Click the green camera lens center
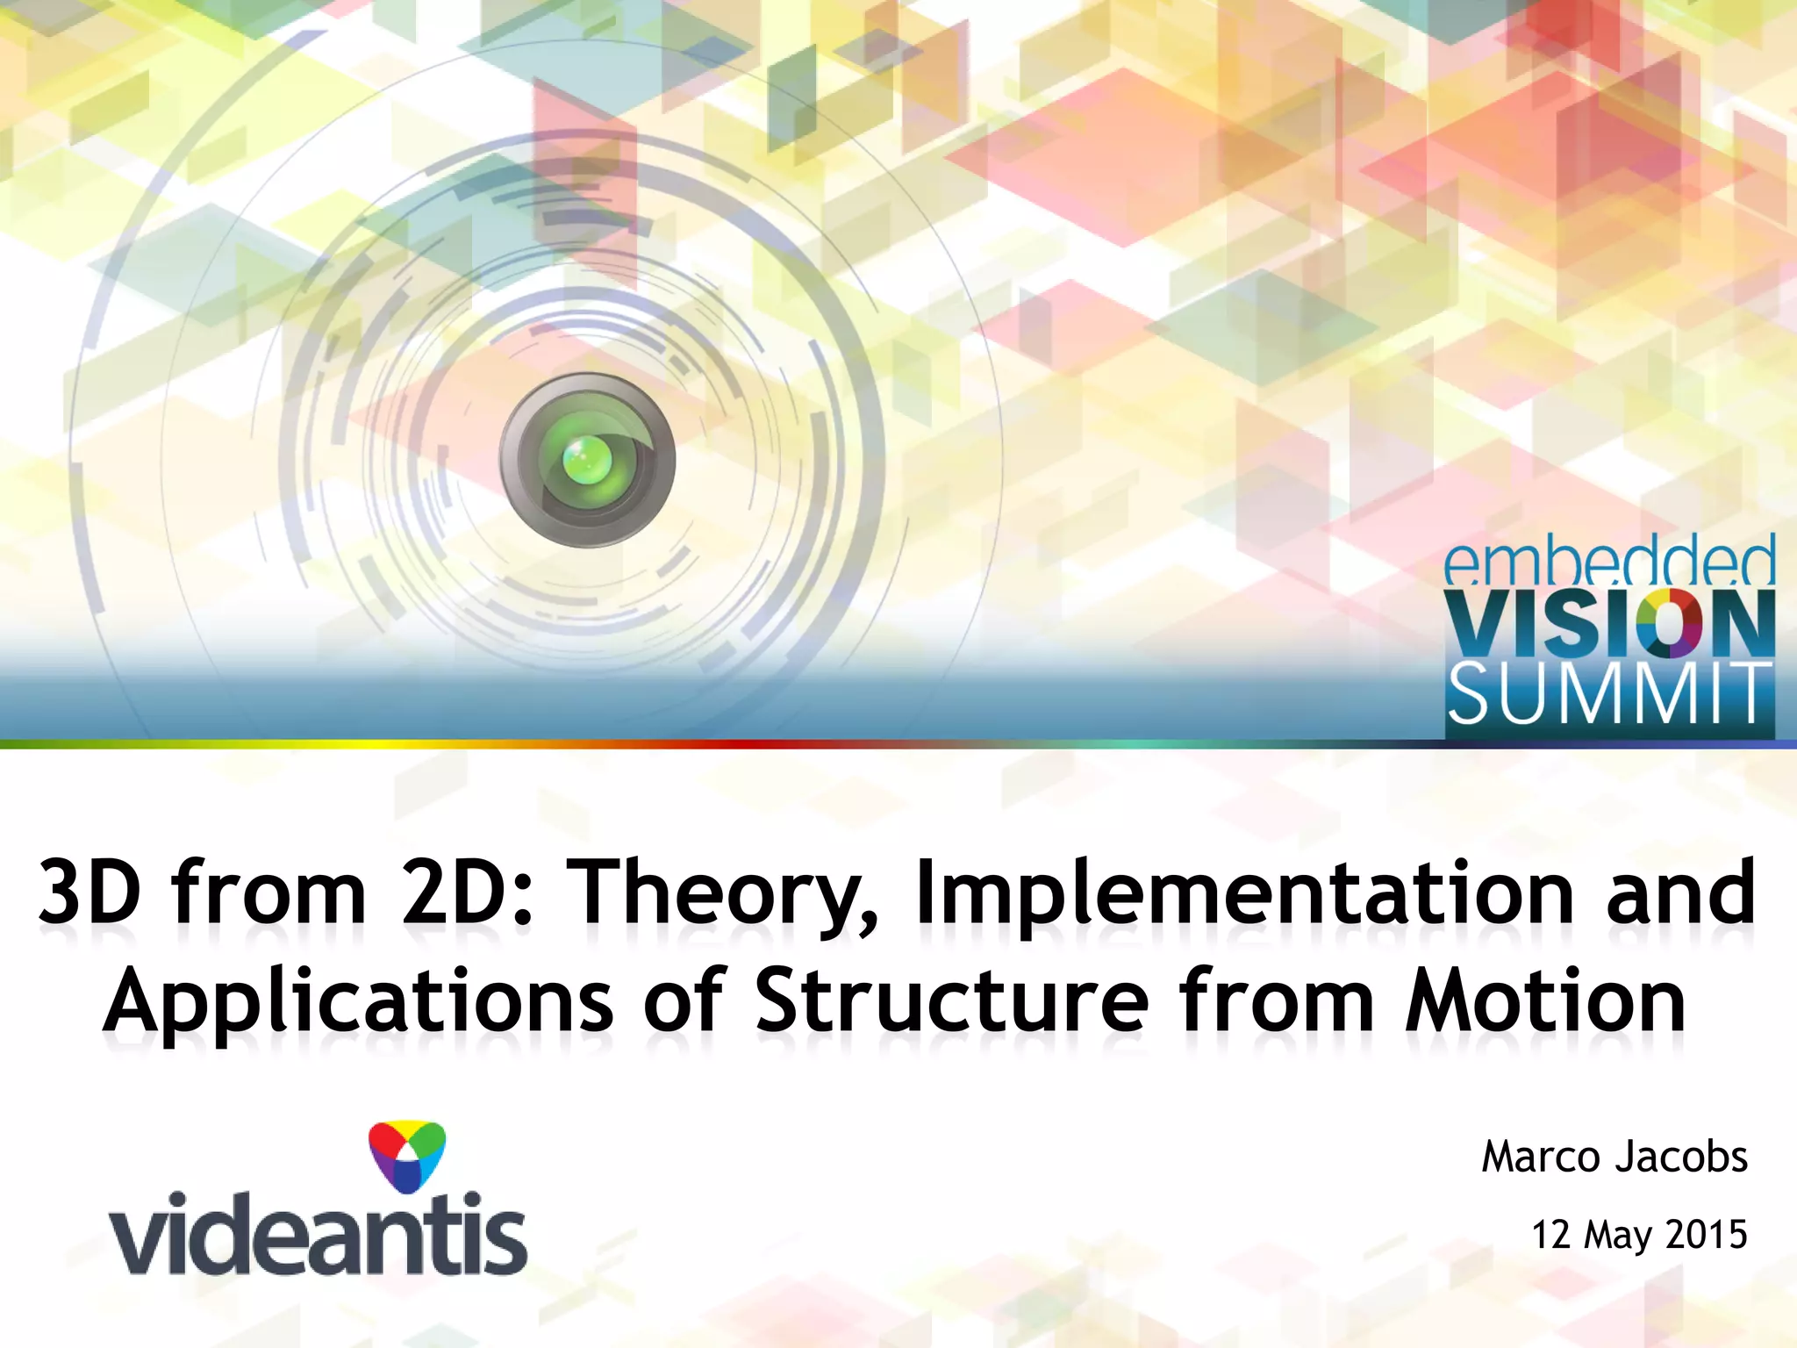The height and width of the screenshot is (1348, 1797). (x=587, y=459)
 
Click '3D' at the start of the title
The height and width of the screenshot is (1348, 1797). (x=89, y=894)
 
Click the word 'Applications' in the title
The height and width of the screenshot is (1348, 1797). (x=358, y=1002)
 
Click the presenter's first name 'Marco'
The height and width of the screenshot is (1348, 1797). (x=1543, y=1158)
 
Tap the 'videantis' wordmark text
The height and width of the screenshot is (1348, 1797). (x=318, y=1234)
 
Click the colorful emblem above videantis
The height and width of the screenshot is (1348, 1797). (x=406, y=1157)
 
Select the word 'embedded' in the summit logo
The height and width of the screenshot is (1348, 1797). (x=1609, y=564)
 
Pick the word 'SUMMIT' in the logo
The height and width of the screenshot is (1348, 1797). (x=1609, y=694)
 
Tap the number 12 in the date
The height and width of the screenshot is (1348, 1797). (x=1550, y=1235)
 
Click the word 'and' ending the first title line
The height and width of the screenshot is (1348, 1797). (x=1681, y=894)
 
